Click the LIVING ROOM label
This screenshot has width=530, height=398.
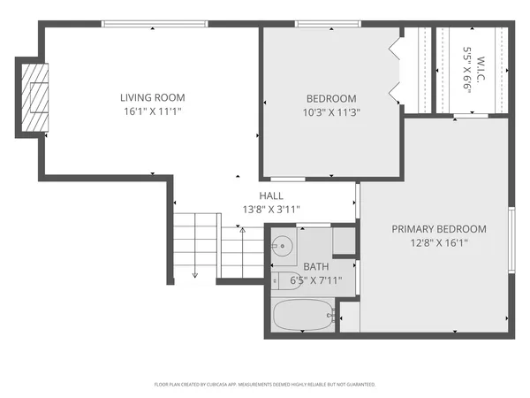coord(153,97)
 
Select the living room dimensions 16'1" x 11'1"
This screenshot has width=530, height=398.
coord(153,111)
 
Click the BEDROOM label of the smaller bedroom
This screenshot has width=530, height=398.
coord(331,98)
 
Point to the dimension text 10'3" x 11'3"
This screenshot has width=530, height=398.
coord(331,112)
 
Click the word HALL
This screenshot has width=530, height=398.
coord(271,195)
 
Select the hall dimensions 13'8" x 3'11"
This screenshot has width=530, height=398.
coord(271,210)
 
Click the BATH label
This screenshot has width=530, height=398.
coord(315,266)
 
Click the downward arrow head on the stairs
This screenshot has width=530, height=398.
coord(195,274)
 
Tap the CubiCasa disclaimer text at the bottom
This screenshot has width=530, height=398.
coord(265,385)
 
